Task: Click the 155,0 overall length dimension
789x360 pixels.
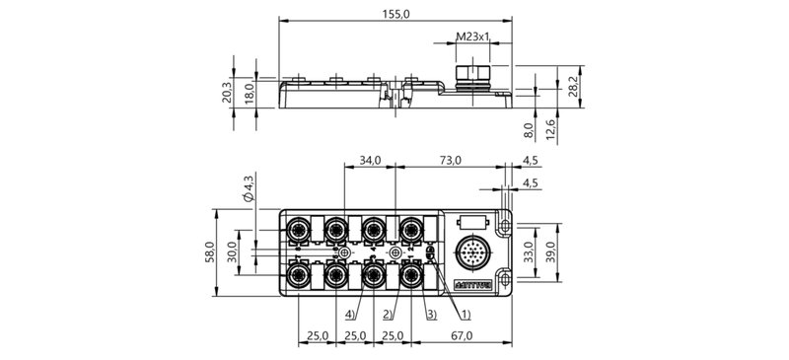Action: coord(395,13)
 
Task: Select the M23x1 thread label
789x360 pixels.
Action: coord(473,38)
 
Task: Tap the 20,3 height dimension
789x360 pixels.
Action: coord(227,94)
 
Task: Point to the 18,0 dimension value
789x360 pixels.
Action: coord(250,94)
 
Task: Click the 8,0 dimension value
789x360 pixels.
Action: coord(529,128)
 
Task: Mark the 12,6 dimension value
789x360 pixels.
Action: coord(553,128)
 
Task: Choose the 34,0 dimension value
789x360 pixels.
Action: coord(370,159)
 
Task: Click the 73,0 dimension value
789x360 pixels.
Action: coord(451,159)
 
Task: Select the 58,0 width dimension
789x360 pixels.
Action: coord(208,252)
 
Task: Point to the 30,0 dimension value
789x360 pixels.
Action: coord(233,252)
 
